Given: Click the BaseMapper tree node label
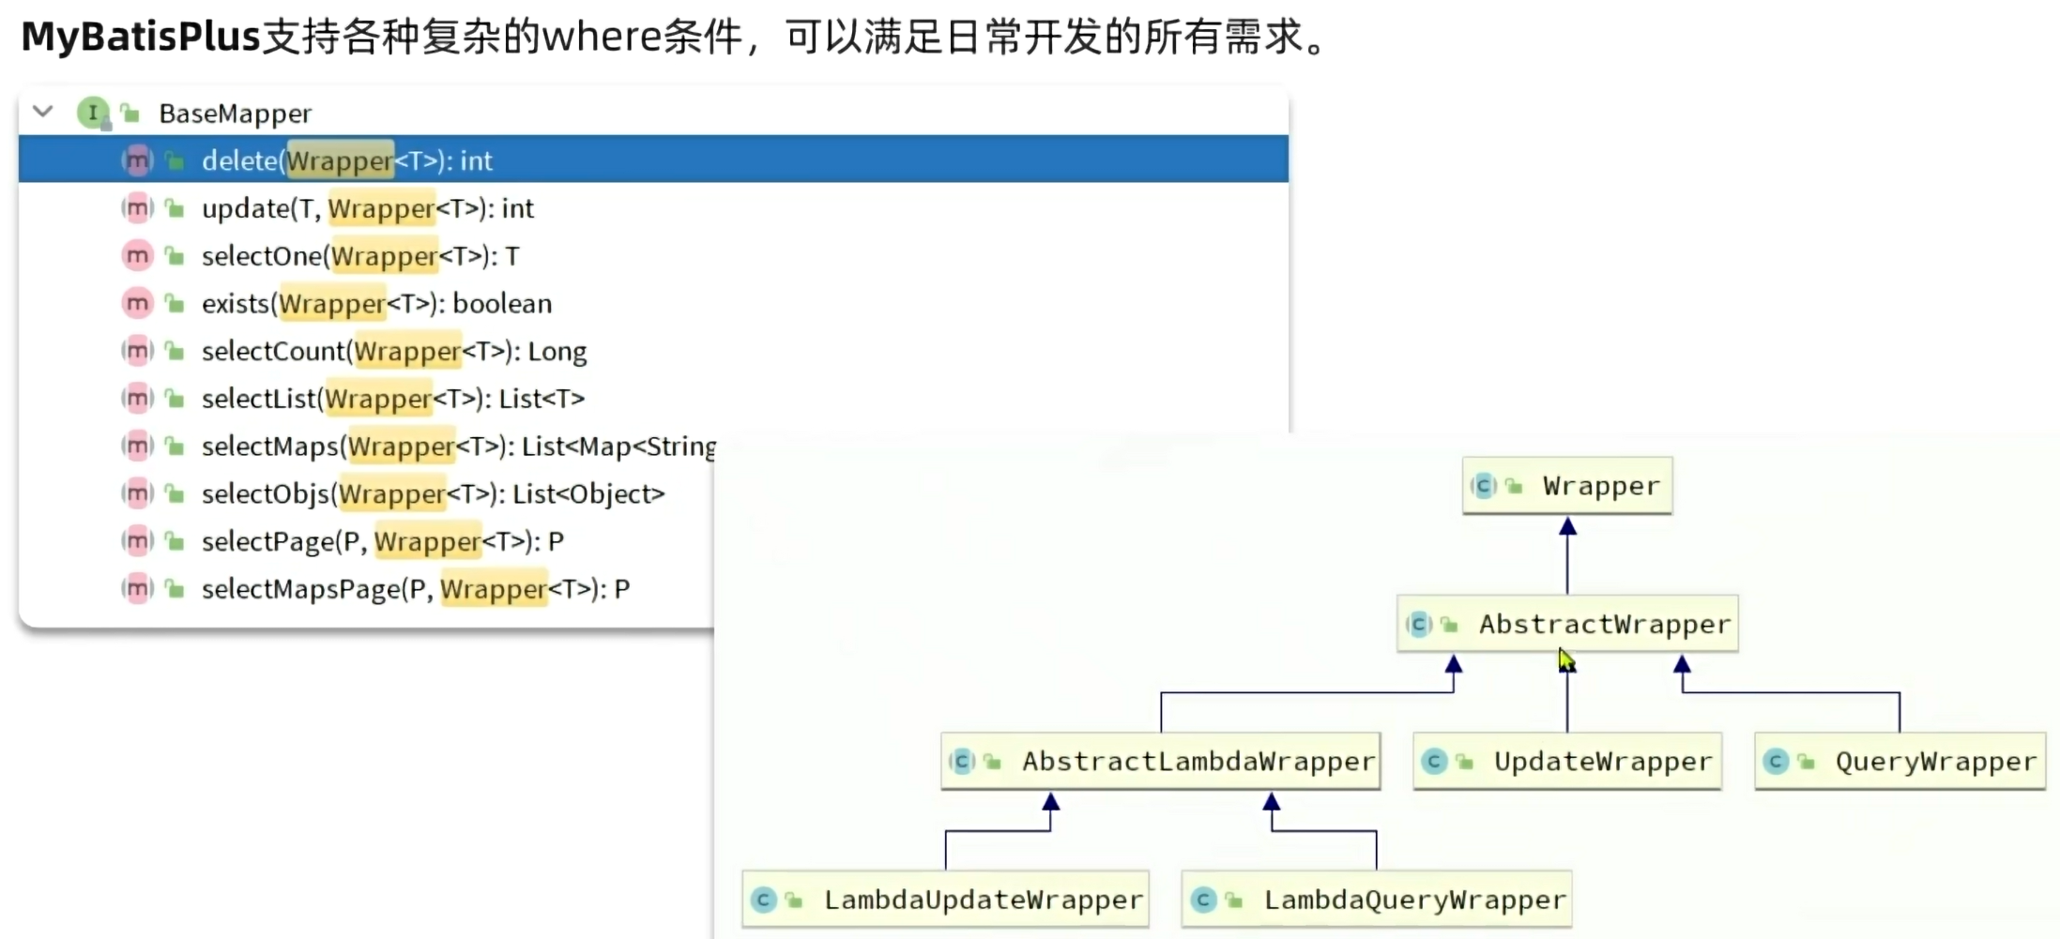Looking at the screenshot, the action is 235,114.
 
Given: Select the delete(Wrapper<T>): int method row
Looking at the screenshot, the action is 346,160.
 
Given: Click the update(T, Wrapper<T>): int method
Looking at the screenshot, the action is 367,208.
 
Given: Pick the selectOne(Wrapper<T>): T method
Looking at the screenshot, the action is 359,256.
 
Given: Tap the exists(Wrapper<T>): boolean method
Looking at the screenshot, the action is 376,304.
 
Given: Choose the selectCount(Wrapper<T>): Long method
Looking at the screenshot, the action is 393,352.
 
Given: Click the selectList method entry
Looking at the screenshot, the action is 392,399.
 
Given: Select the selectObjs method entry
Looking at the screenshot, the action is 433,494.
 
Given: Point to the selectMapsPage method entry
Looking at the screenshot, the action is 415,589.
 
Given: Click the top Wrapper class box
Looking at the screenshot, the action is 1566,486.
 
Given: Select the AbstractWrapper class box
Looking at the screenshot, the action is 1566,624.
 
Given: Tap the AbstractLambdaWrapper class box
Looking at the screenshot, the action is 1160,761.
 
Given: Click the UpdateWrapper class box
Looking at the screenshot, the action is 1566,761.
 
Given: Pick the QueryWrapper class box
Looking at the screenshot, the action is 1900,761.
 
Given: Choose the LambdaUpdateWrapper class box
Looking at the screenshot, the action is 945,900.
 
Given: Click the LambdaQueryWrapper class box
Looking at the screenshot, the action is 1376,900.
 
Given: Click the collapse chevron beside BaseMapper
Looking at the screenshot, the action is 42,112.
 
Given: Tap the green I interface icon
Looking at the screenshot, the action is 92,113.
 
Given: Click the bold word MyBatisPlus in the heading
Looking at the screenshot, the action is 140,38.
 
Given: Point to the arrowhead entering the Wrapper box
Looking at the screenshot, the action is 1567,527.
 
